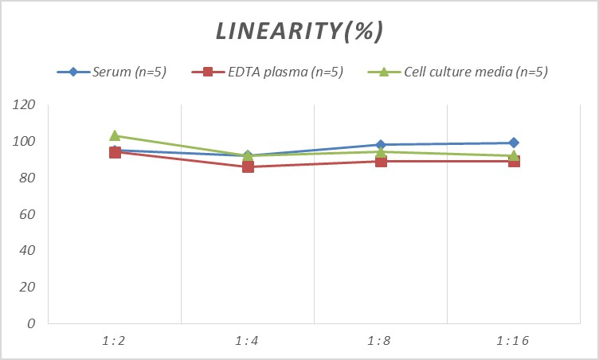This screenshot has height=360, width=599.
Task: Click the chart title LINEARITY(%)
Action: click(300, 31)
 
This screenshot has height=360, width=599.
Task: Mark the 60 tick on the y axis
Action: click(29, 214)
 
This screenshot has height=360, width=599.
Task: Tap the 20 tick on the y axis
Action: click(29, 287)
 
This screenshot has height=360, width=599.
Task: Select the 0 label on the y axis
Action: click(32, 323)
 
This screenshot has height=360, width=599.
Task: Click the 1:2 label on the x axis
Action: click(115, 341)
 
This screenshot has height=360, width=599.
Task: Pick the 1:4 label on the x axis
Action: click(248, 341)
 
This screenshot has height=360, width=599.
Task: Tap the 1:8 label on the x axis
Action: click(381, 341)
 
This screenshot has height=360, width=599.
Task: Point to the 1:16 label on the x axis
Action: click(514, 341)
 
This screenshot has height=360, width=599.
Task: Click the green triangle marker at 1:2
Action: click(115, 135)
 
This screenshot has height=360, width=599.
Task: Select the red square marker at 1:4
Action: click(248, 167)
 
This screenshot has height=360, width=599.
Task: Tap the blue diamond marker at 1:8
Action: click(381, 145)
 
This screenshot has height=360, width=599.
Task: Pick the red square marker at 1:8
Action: click(381, 162)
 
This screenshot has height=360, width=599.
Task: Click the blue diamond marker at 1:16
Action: click(514, 143)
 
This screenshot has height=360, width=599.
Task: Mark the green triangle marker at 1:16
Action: click(514, 155)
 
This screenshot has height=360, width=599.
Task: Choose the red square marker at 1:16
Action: click(514, 162)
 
